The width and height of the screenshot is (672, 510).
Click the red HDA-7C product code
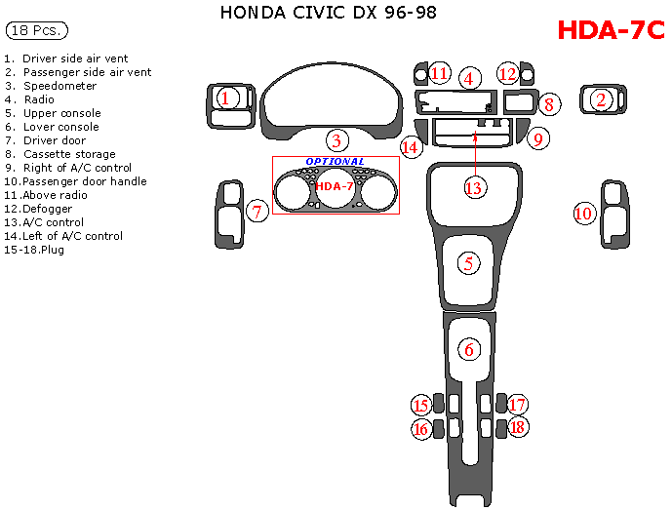tap(611, 30)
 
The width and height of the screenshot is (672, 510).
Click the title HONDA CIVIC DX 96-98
tap(329, 13)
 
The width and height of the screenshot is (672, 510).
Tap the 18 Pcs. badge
tap(36, 31)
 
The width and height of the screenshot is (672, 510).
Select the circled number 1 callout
tap(225, 98)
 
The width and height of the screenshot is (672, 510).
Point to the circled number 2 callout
tap(602, 98)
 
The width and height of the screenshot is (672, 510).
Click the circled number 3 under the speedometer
tap(337, 140)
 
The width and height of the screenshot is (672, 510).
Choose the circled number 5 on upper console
tap(469, 262)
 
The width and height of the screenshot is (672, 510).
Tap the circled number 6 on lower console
tap(469, 349)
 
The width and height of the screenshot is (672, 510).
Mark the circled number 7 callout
tap(257, 211)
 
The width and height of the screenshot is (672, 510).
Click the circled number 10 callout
tap(583, 213)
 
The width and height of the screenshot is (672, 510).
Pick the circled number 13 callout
tap(474, 188)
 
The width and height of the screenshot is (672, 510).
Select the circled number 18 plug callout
tap(518, 427)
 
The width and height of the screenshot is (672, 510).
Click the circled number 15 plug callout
tap(421, 406)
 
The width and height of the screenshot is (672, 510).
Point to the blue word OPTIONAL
tap(335, 162)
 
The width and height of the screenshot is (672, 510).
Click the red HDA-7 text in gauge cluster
tap(335, 186)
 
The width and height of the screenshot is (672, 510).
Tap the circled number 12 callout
tap(507, 73)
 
